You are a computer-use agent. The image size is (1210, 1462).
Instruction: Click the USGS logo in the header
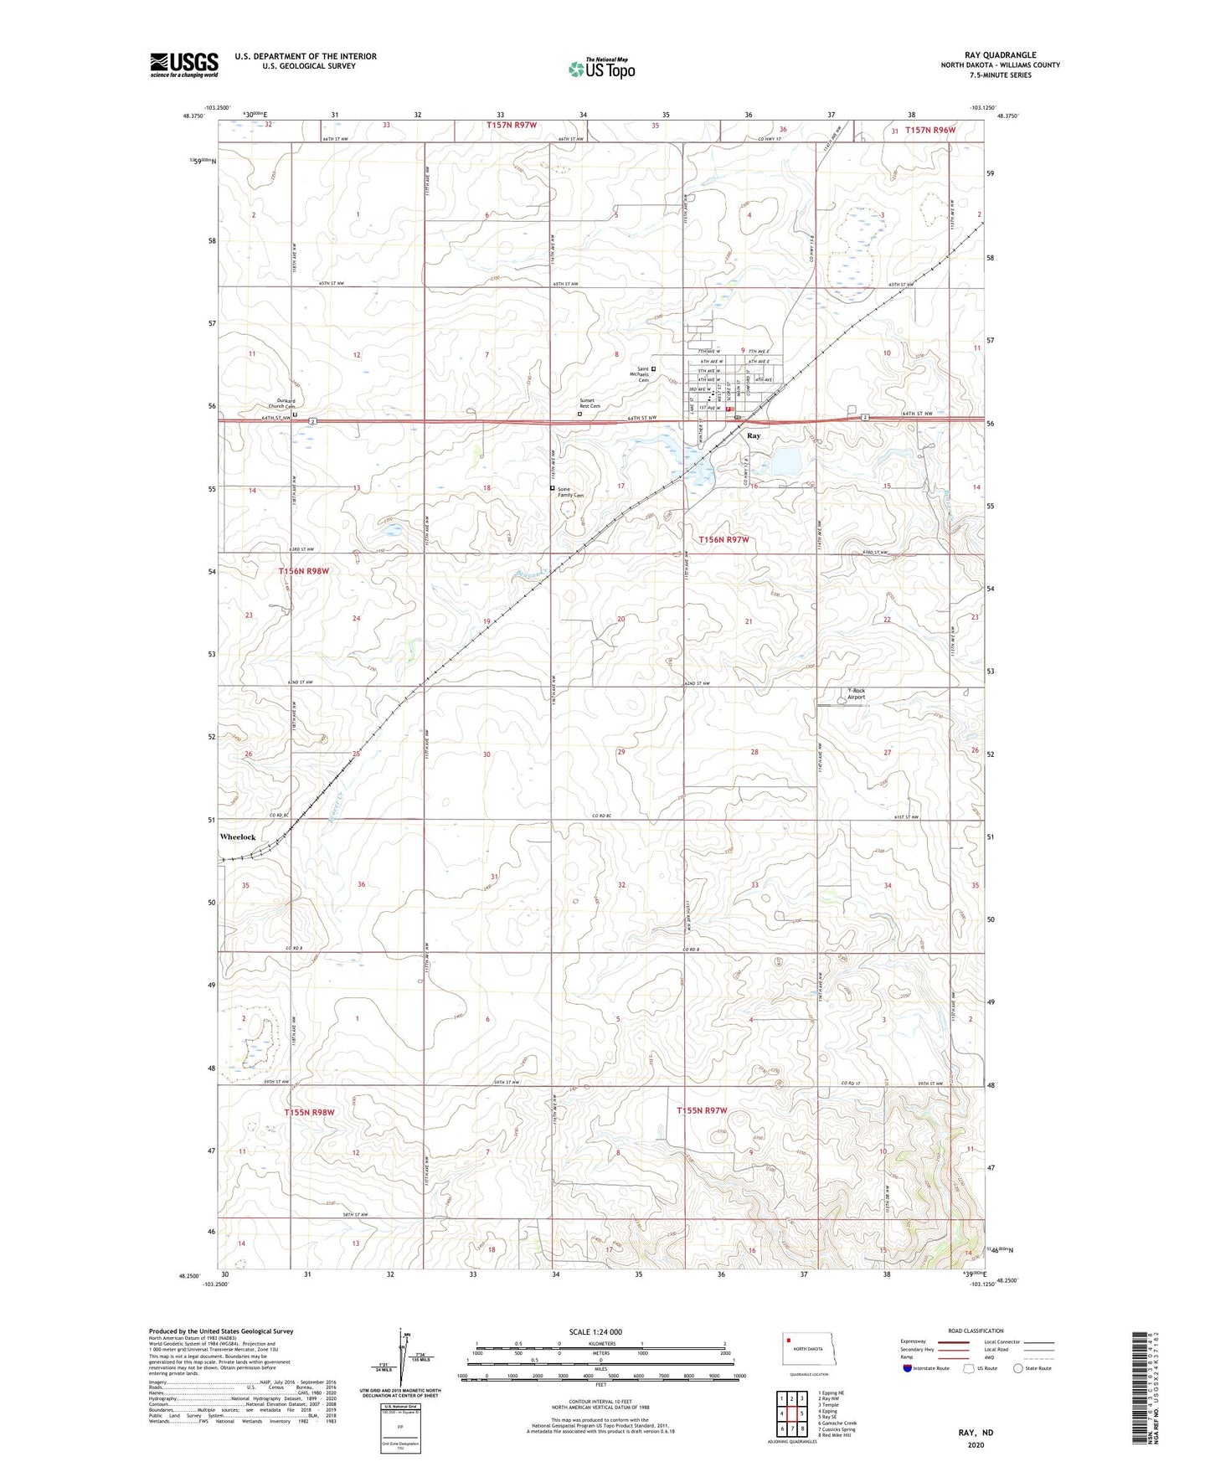click(184, 64)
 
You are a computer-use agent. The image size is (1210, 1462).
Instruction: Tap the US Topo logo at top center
click(601, 69)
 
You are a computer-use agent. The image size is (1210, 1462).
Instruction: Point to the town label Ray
click(754, 436)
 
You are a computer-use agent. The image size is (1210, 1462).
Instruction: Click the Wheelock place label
click(238, 837)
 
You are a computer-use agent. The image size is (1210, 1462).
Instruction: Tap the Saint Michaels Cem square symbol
click(654, 368)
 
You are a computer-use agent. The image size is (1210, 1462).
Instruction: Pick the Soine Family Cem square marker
click(552, 487)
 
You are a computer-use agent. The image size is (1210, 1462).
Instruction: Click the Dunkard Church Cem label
click(281, 404)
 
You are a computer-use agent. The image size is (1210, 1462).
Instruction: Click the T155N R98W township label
click(309, 1112)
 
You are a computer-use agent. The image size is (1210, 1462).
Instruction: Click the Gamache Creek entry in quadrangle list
click(837, 1423)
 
